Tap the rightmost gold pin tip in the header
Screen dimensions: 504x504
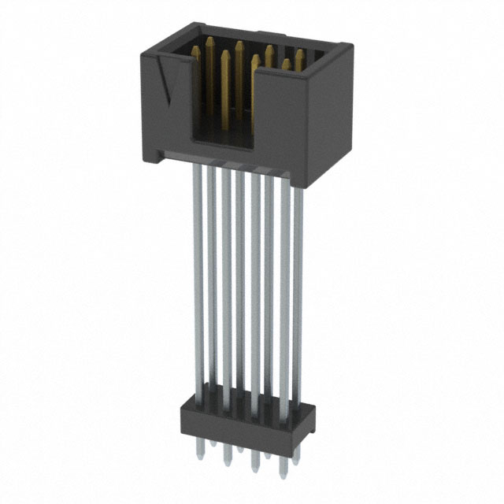[301, 55]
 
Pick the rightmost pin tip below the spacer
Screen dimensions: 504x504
[295, 459]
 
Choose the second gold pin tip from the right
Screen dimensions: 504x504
[287, 63]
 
